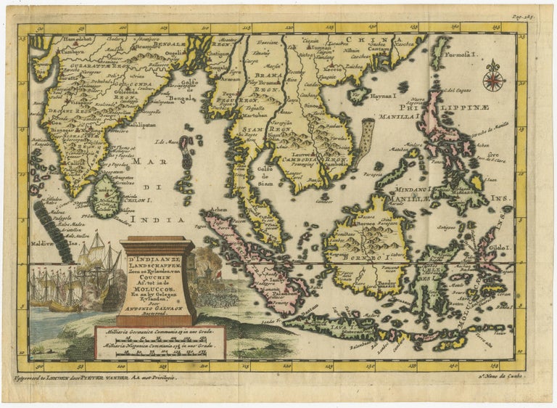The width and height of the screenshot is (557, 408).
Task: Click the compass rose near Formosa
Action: pos(493,78)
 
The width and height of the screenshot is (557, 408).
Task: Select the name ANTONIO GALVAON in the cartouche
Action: pos(156,303)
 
